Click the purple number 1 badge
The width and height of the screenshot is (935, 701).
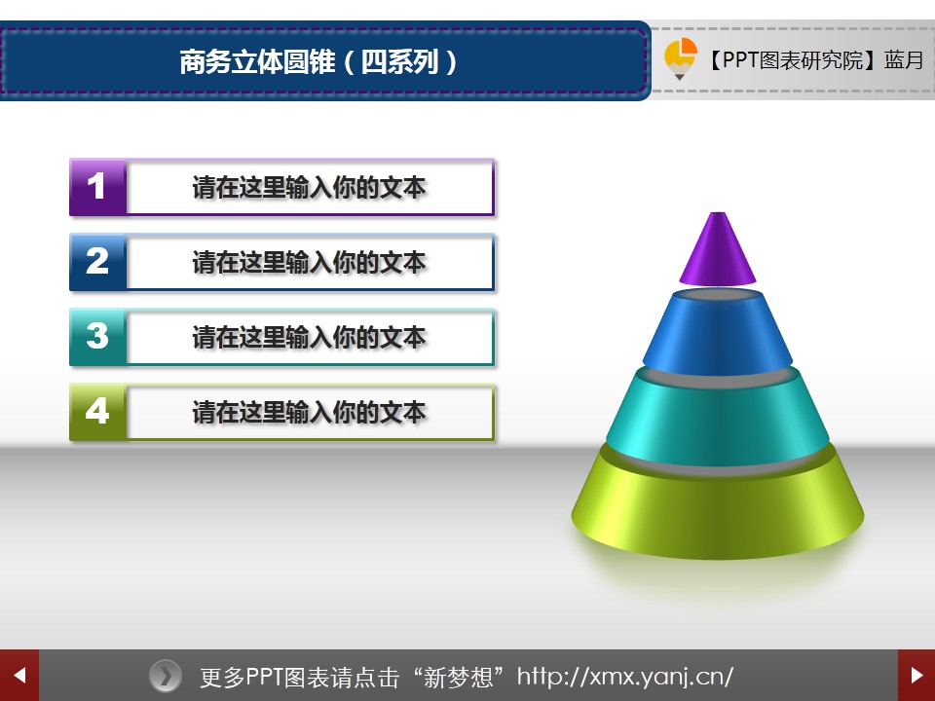pyautogui.click(x=97, y=187)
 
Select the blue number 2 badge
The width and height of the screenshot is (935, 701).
pyautogui.click(x=97, y=262)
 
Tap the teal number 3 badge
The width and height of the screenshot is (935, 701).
pyautogui.click(x=97, y=338)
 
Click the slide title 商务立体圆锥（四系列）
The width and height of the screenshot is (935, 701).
pyautogui.click(x=318, y=61)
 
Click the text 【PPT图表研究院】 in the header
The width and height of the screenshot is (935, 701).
pyautogui.click(x=793, y=60)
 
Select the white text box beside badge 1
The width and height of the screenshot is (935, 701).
pyautogui.click(x=310, y=187)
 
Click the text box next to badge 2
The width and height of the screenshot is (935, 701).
pyautogui.click(x=310, y=262)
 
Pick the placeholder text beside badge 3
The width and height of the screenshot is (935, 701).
pyautogui.click(x=309, y=338)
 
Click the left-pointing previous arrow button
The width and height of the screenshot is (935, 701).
pyautogui.click(x=19, y=676)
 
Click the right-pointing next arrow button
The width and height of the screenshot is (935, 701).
pyautogui.click(x=916, y=676)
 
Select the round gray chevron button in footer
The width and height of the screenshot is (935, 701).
pyautogui.click(x=166, y=676)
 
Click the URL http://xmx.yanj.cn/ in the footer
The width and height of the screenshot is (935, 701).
pyautogui.click(x=625, y=677)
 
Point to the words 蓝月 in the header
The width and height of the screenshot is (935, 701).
pyautogui.click(x=904, y=60)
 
